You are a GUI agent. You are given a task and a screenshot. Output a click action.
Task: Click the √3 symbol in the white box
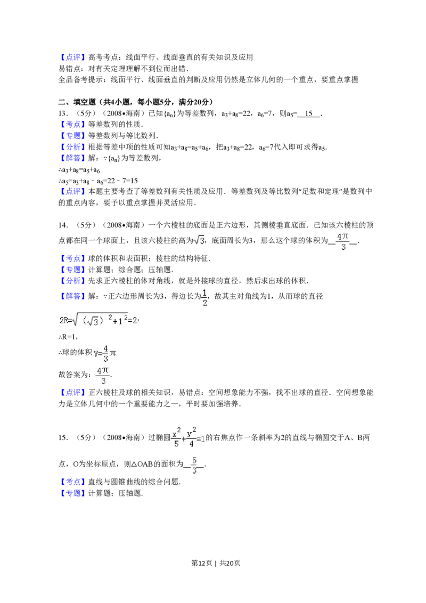pos(198,241)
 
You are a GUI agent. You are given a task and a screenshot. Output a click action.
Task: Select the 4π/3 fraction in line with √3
pos(343,241)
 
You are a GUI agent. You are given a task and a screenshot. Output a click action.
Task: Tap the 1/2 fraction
pos(204,297)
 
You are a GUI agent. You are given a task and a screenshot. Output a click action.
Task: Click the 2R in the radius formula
pos(63,320)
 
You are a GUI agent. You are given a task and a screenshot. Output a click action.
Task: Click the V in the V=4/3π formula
pos(96,353)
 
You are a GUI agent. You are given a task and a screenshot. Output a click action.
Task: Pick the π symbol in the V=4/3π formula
pos(112,353)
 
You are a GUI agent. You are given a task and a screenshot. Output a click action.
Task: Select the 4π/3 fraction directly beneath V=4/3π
pos(103,376)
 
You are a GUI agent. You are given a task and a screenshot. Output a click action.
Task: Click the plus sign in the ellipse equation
pos(184,438)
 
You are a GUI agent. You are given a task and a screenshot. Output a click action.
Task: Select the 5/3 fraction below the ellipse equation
pos(195,465)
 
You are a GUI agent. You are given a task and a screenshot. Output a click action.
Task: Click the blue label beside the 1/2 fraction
pos(72,296)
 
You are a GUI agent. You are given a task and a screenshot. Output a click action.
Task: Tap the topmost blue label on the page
pos(72,57)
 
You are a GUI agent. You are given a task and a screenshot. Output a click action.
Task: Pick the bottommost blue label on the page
pos(72,493)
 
